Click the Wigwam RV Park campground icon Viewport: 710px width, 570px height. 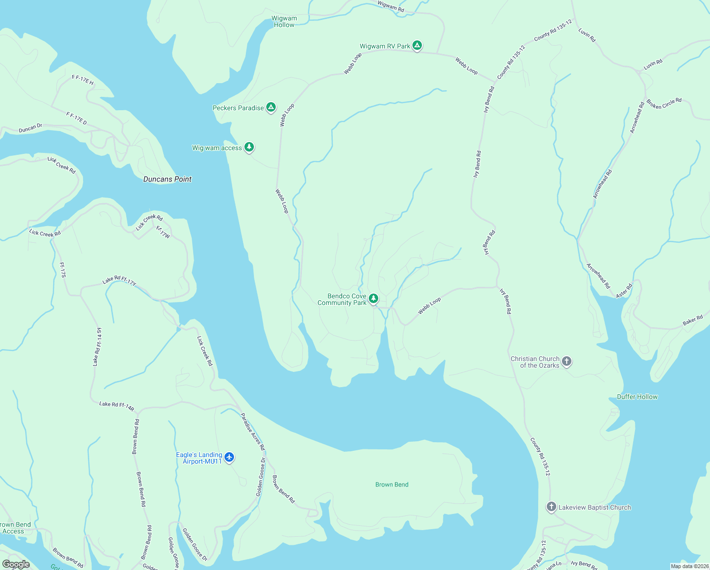(417, 46)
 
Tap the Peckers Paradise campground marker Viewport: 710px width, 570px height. (271, 107)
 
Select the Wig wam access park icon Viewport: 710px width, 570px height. (249, 147)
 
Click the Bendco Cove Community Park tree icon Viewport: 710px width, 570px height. (374, 299)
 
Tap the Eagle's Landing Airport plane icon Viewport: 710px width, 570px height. (229, 457)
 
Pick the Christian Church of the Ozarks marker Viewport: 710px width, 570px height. (566, 361)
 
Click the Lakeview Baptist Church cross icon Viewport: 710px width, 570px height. (551, 507)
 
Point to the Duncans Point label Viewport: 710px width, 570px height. (168, 179)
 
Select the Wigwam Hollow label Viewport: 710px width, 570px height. (284, 21)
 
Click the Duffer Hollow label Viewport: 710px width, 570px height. (637, 397)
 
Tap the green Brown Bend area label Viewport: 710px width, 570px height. (392, 484)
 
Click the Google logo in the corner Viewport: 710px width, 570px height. (16, 564)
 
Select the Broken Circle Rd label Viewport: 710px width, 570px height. (663, 104)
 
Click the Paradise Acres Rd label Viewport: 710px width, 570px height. (252, 431)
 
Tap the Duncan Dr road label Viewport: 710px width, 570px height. (30, 128)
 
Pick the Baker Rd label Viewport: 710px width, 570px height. (692, 320)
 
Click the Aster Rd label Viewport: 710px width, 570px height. (624, 290)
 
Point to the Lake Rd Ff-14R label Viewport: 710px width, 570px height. (117, 406)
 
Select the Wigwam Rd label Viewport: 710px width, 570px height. (391, 6)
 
